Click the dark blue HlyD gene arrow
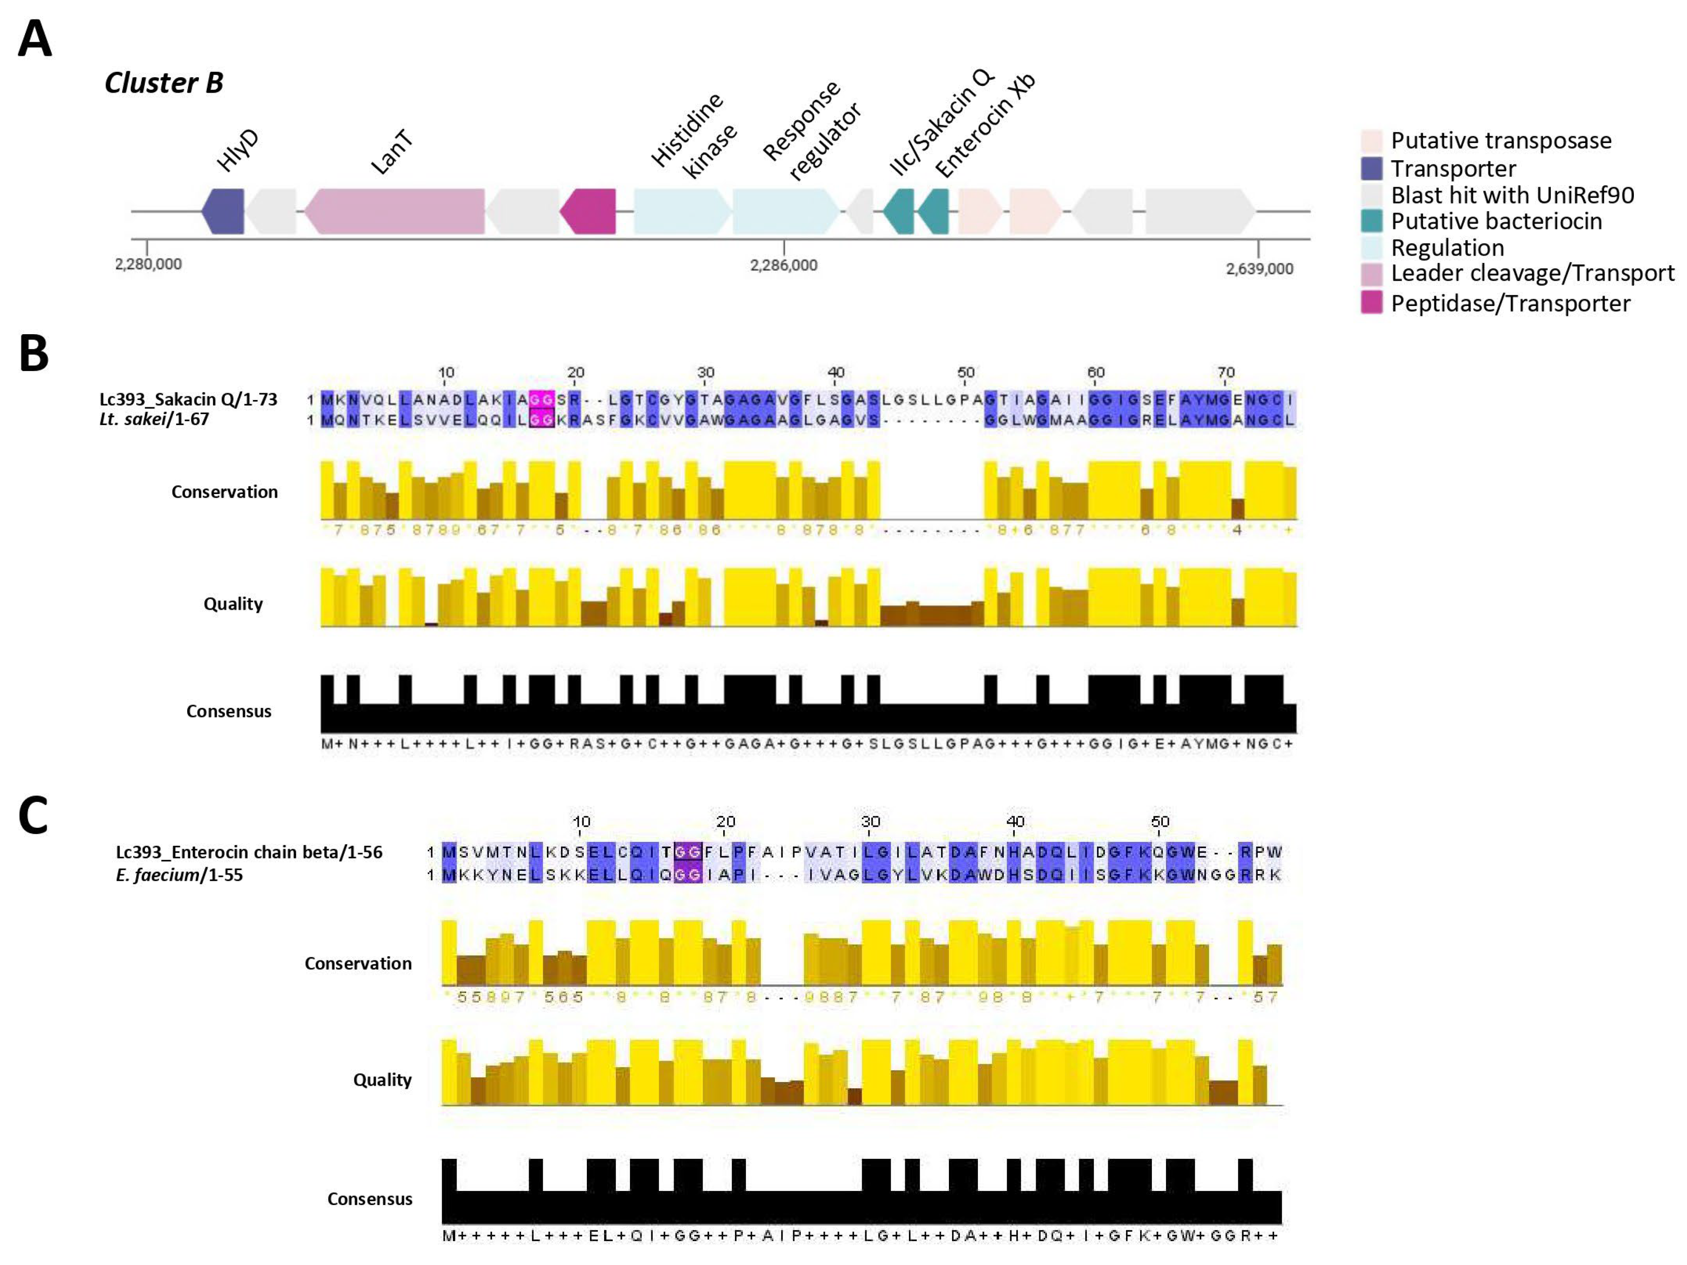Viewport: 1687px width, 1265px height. coord(223,211)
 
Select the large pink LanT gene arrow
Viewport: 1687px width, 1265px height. coord(394,211)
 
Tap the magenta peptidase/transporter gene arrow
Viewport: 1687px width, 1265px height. coord(588,211)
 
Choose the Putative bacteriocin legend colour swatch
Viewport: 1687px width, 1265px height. coord(1371,221)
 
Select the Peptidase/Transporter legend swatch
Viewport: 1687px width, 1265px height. coord(1371,303)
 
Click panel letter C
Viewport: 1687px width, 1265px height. coord(34,815)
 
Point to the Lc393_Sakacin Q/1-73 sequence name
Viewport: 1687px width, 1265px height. coord(189,399)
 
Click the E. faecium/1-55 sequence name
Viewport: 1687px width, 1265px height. coord(179,875)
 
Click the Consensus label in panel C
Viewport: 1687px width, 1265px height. coord(370,1199)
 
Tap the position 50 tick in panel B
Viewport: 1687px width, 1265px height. coord(966,373)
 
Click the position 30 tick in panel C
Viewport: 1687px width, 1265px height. coord(870,822)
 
